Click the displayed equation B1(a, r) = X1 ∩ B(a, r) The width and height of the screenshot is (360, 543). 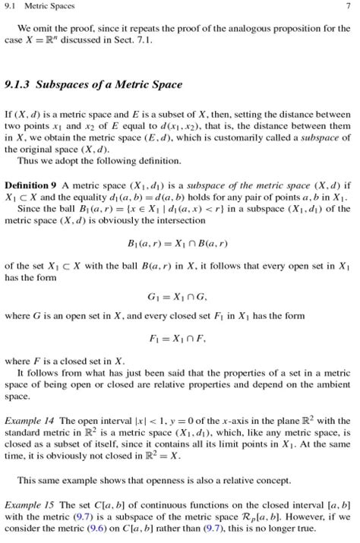pyautogui.click(x=179, y=245)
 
